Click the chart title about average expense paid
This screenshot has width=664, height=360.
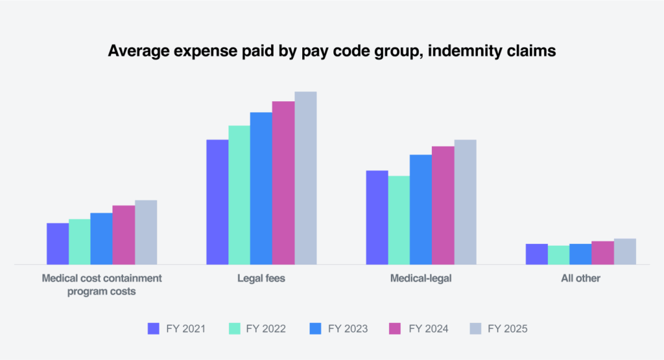(x=332, y=51)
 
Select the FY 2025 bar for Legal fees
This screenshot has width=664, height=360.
(x=305, y=178)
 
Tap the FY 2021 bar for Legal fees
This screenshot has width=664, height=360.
(x=217, y=202)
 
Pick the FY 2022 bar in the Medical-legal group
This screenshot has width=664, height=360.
(x=398, y=220)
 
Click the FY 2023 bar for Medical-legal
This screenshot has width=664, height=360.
(x=420, y=210)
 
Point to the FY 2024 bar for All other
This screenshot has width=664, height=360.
(x=602, y=253)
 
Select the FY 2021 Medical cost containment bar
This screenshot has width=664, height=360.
(x=58, y=244)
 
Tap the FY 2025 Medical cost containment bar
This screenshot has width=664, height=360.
(x=146, y=232)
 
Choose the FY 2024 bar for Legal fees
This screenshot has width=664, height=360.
(x=283, y=183)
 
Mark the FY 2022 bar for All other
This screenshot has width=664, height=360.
(x=558, y=255)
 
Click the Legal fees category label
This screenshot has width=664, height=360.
(x=261, y=279)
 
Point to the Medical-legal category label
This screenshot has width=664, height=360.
(x=421, y=279)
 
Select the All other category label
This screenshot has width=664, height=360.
(x=580, y=279)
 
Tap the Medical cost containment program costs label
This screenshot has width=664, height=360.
(x=102, y=285)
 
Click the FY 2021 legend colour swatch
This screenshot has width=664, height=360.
(x=154, y=329)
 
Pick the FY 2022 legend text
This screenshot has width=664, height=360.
(x=266, y=329)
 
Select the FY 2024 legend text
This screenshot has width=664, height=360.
(x=428, y=329)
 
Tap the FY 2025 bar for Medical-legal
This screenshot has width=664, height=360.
(x=465, y=202)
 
